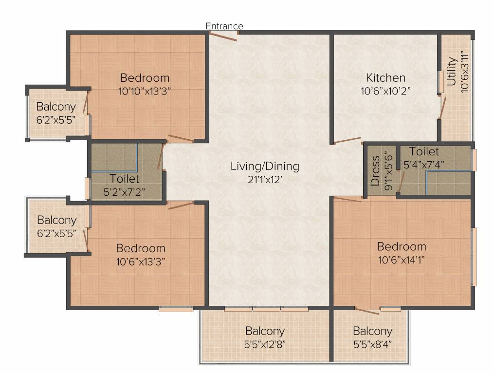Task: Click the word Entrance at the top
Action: (x=224, y=26)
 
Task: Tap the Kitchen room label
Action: (x=385, y=78)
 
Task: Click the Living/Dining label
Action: (x=265, y=167)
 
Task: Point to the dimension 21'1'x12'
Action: (x=265, y=179)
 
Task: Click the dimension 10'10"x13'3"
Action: (x=145, y=91)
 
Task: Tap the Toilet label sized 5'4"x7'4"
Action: (x=424, y=151)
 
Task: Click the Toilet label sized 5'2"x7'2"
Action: (x=125, y=179)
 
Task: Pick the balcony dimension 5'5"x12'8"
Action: (x=265, y=344)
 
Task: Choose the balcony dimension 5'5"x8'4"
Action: (x=372, y=344)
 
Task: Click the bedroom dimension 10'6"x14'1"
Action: (x=402, y=259)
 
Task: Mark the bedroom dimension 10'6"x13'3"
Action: (x=141, y=261)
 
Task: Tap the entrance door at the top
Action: (x=223, y=36)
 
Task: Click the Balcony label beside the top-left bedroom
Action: (x=56, y=107)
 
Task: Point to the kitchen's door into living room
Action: (x=346, y=141)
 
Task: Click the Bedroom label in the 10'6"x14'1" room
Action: (x=402, y=246)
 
